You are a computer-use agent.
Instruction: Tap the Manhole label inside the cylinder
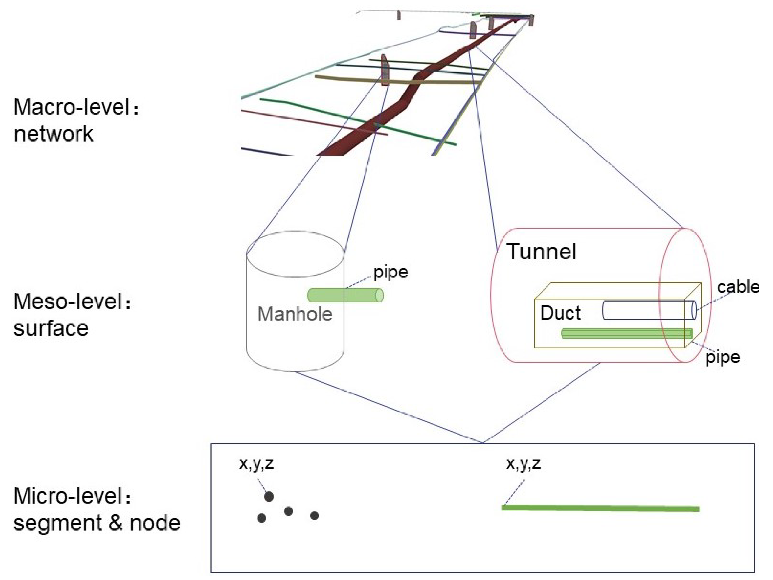[295, 314]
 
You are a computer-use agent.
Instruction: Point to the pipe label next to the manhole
[390, 272]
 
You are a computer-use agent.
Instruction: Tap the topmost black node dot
[268, 496]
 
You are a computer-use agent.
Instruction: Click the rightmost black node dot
[314, 516]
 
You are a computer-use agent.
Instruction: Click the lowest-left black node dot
[261, 518]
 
